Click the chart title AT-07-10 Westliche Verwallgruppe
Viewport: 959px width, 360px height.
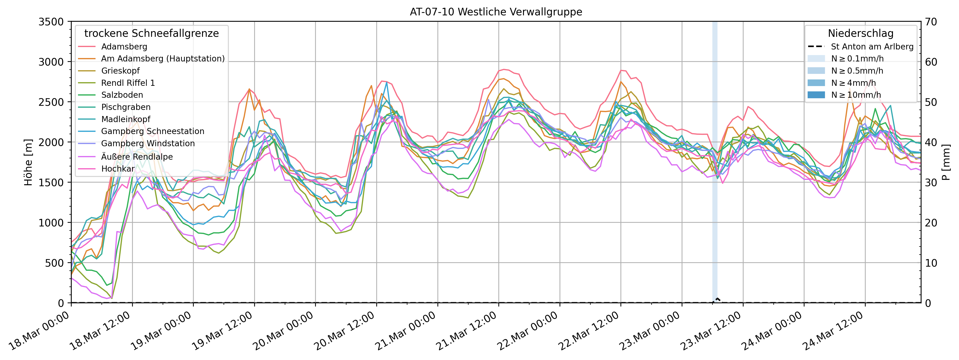[x=496, y=12]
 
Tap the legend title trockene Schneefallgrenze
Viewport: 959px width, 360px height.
[x=152, y=33]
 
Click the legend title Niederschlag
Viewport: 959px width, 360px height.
[x=860, y=33]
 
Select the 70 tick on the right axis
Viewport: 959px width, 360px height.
[x=931, y=22]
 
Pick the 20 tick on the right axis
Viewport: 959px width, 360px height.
[x=931, y=223]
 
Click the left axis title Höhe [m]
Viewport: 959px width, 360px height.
[x=28, y=162]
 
